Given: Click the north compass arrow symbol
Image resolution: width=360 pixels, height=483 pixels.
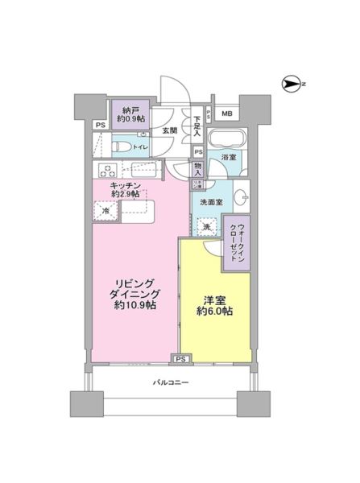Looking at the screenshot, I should click(292, 82).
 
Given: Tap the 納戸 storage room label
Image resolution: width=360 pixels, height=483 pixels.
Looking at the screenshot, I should click(130, 109).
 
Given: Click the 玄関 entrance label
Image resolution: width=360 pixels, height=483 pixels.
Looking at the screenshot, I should click(169, 130).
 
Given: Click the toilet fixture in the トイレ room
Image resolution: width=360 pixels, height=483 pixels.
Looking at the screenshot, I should click(119, 147).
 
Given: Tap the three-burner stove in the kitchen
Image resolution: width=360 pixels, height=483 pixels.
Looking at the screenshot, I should click(107, 171).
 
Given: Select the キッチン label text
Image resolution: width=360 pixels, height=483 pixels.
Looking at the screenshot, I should click(126, 184).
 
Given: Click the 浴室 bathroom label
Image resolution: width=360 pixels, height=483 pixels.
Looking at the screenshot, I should click(228, 158).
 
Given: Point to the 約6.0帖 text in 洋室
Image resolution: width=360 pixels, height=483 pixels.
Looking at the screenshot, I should click(213, 312).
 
